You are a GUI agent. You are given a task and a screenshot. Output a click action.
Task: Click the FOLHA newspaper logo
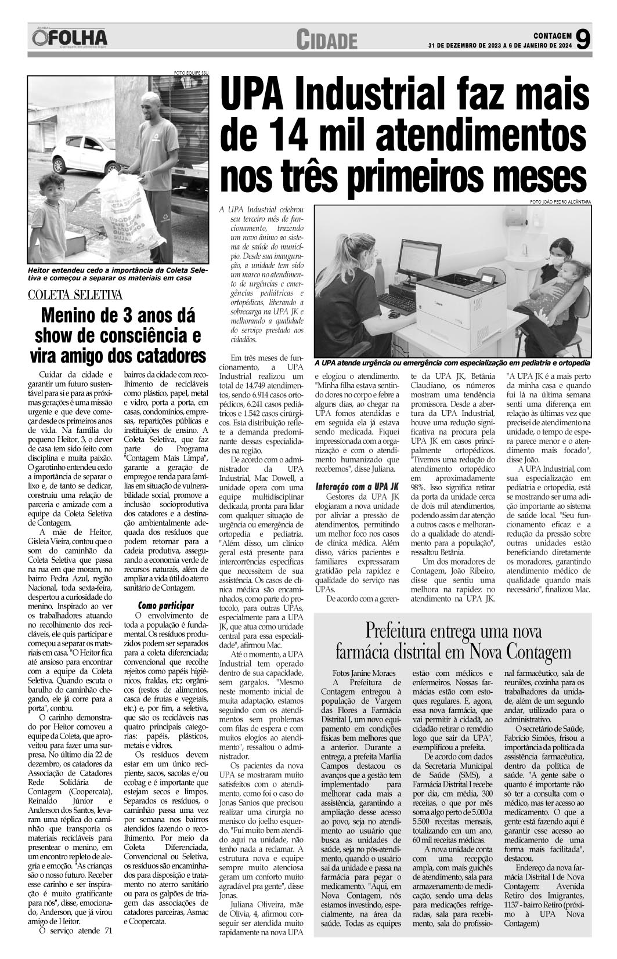point(70,39)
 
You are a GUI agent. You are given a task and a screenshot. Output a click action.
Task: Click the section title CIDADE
point(327,40)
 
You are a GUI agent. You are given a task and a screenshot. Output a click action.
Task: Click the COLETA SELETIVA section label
point(76,295)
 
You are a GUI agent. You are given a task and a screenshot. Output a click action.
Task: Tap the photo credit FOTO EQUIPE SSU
point(191,73)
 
